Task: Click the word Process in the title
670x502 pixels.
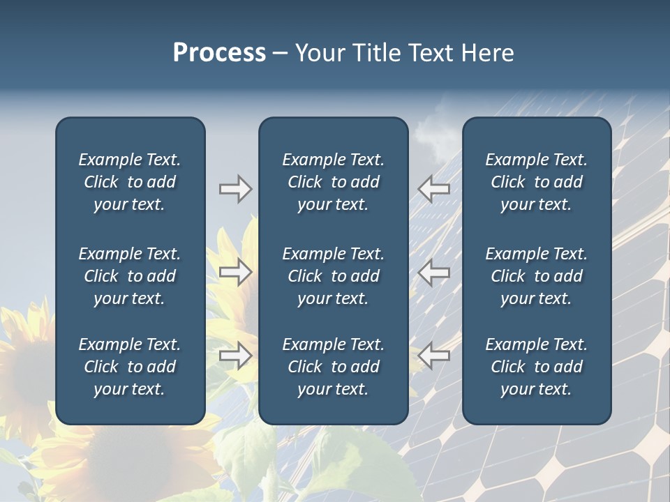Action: [219, 53]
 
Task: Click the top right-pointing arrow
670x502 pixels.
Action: [235, 189]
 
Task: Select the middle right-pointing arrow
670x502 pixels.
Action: [235, 272]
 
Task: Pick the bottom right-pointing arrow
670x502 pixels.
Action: [235, 356]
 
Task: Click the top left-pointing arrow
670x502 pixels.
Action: [434, 189]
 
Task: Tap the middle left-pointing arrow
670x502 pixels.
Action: [434, 272]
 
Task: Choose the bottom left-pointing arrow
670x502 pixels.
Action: [434, 356]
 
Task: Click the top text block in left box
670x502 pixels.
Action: [130, 182]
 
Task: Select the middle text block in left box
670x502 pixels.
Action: [130, 276]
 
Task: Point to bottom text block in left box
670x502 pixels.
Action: [130, 367]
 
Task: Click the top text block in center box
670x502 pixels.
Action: [333, 182]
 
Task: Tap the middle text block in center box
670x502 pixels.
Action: [333, 276]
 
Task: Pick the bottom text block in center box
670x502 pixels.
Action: [333, 367]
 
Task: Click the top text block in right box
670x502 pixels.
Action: [536, 182]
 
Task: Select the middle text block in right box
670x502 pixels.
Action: [536, 276]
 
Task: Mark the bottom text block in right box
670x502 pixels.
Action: [536, 367]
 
